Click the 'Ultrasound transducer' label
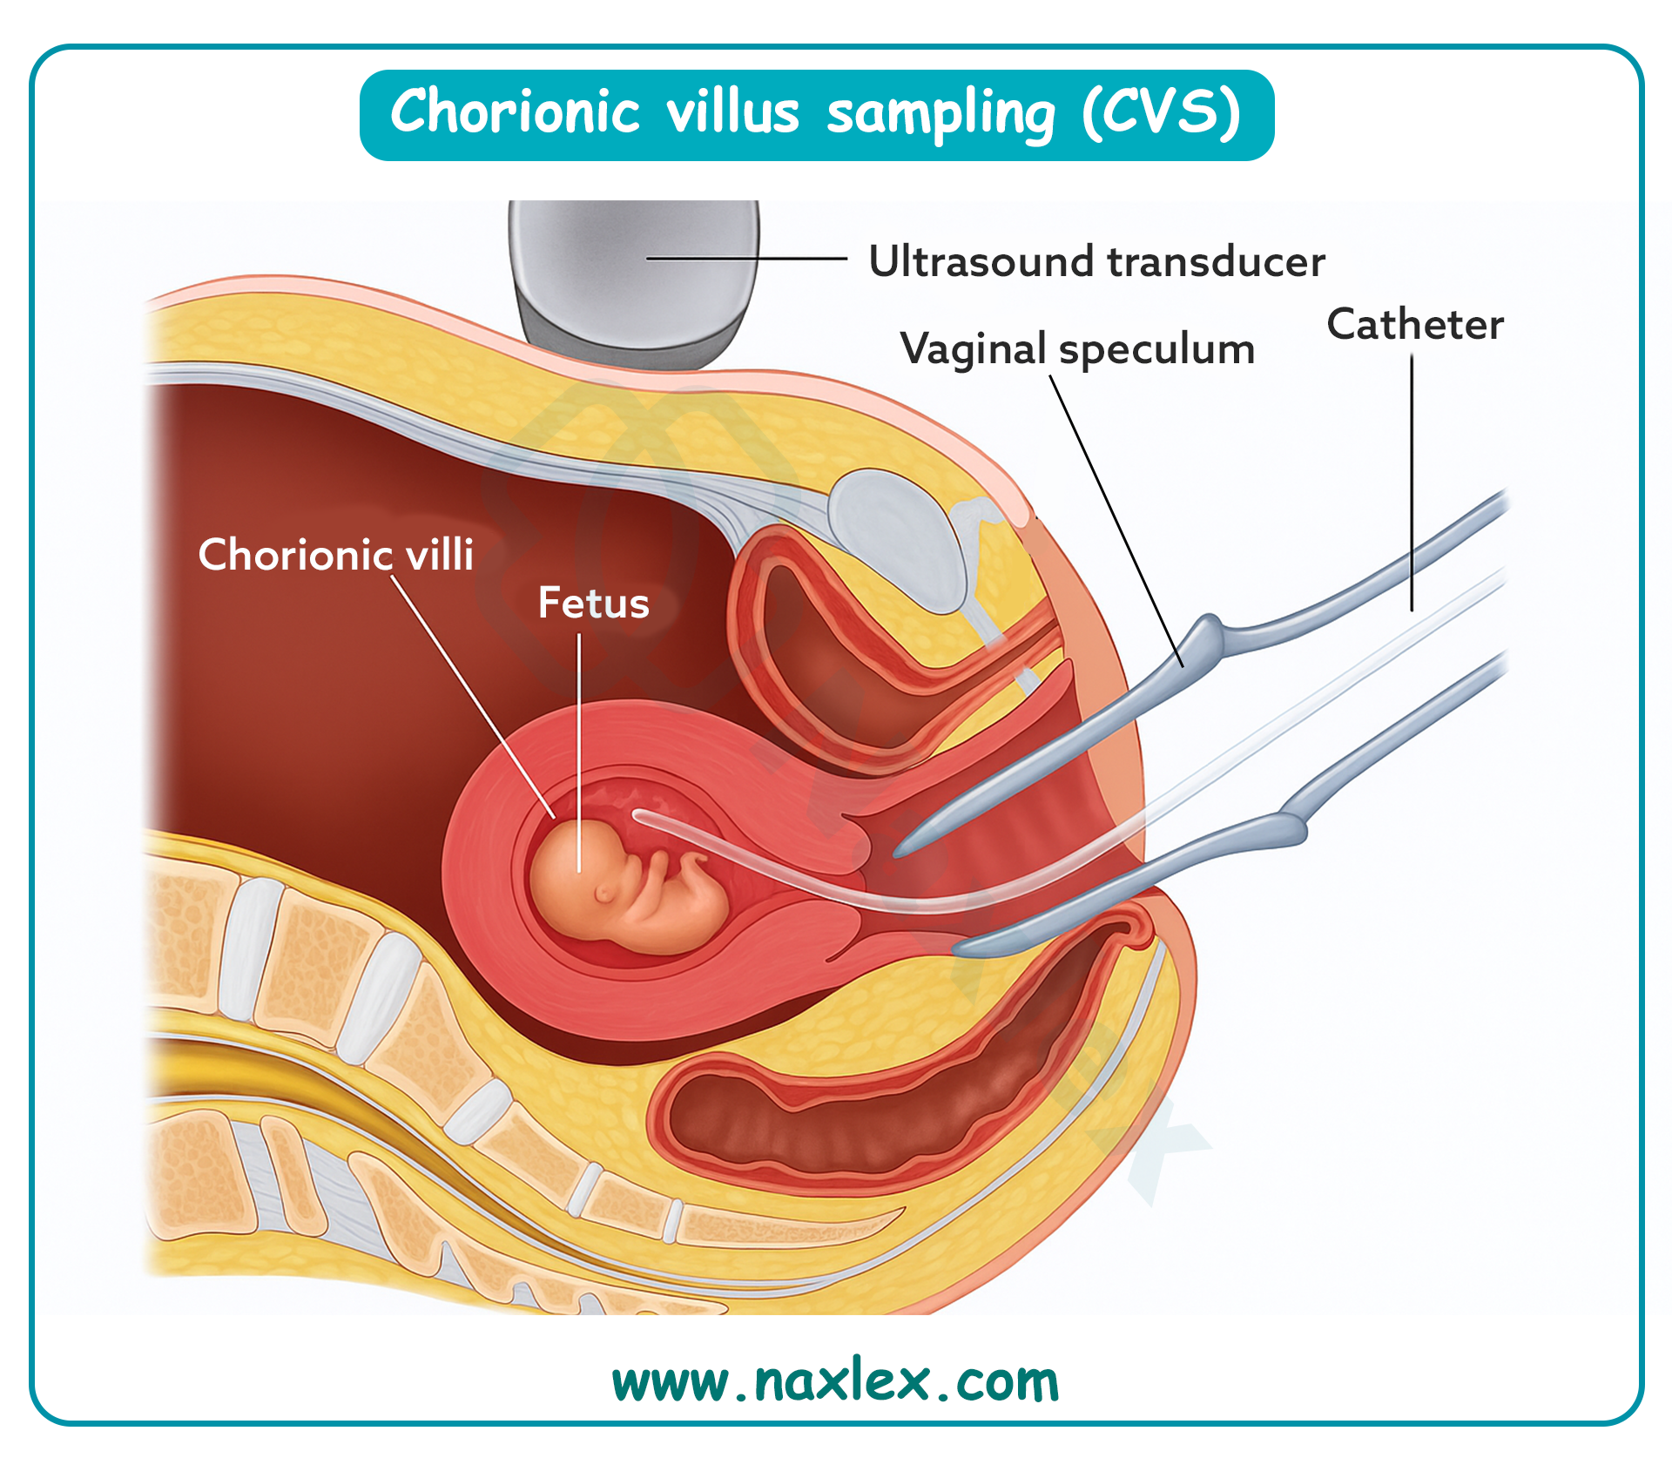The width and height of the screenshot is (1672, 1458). pos(1096,261)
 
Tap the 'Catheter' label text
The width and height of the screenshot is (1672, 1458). pos(1415,325)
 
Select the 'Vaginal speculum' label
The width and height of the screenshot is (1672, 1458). pos(1077,349)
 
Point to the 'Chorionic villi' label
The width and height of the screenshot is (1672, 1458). pos(335,555)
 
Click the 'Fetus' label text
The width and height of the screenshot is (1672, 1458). pos(593,603)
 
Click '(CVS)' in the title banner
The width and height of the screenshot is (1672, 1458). pos(1161,113)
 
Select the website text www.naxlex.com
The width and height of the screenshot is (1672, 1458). pos(835,1382)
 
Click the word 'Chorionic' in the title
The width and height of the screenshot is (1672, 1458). pos(516,113)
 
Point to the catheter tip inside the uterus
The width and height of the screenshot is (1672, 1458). pos(640,816)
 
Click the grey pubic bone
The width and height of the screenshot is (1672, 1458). pos(897,531)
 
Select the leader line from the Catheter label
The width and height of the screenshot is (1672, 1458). pos(1412,479)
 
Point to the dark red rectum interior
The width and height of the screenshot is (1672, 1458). pos(871,1124)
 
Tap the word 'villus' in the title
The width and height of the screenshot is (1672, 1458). pos(732,113)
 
